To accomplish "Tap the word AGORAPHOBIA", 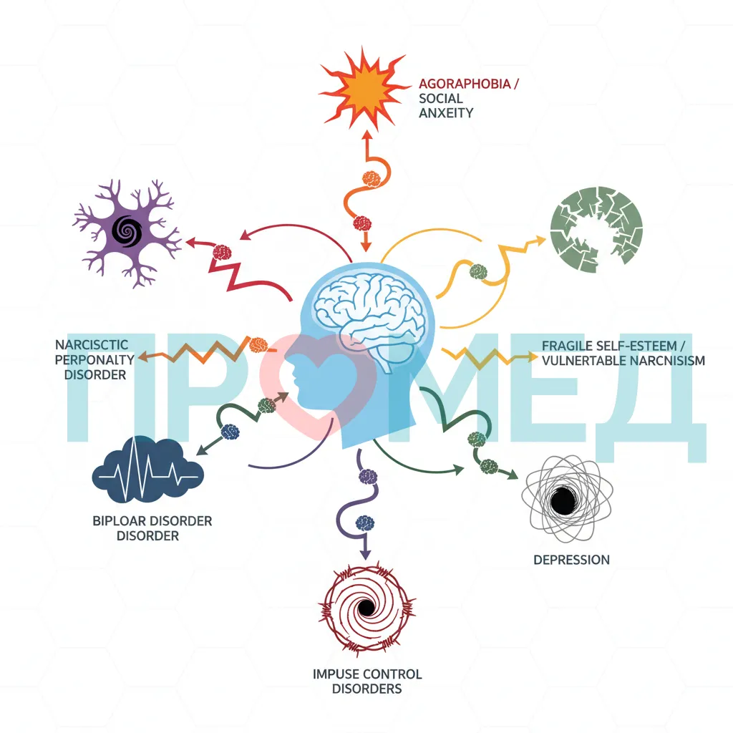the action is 465,84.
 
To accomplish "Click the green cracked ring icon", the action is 596,230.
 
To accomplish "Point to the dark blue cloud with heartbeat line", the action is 148,470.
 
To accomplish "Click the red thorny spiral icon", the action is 367,608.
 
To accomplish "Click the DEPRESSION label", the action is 571,560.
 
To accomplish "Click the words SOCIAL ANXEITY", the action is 446,106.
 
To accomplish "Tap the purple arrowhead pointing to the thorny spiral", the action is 366,554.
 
